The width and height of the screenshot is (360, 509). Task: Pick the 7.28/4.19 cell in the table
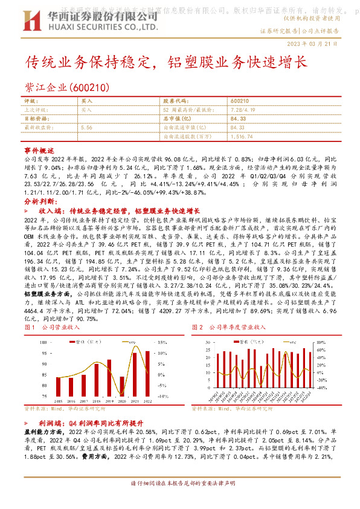[x=242, y=110]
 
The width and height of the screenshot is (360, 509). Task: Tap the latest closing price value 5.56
[x=86, y=128]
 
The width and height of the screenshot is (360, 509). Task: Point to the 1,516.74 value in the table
[x=242, y=137]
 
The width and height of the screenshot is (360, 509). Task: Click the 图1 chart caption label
[x=30, y=326]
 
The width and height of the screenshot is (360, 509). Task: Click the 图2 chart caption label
[x=196, y=326]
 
